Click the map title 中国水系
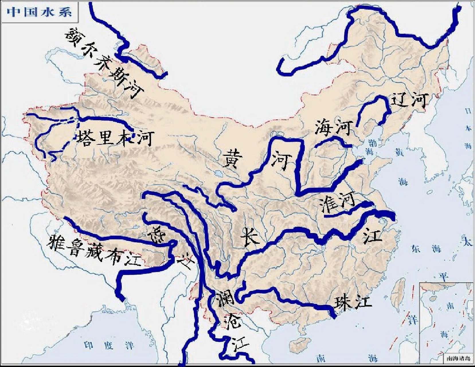(x=40, y=12)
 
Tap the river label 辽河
(x=410, y=100)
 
